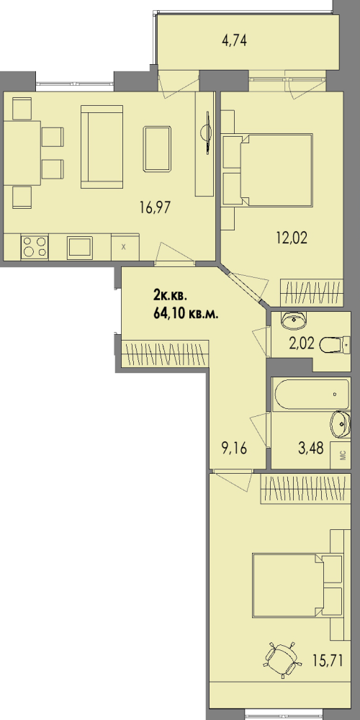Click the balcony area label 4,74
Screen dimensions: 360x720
click(x=234, y=41)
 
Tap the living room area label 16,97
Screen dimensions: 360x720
click(x=156, y=207)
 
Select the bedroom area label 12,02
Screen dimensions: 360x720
click(x=291, y=238)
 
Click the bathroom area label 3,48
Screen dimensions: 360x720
click(x=311, y=449)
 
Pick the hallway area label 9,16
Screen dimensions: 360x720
click(x=234, y=449)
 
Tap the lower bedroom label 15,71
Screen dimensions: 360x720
click(x=328, y=662)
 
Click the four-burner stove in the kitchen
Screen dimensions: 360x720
click(x=35, y=247)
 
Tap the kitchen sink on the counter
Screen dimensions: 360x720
click(x=80, y=248)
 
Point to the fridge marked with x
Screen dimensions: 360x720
click(x=125, y=247)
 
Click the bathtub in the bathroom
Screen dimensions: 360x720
click(x=311, y=395)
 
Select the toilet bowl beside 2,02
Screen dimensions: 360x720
click(x=336, y=345)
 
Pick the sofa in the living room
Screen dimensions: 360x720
click(x=102, y=147)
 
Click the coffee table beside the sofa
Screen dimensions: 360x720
click(x=157, y=149)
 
